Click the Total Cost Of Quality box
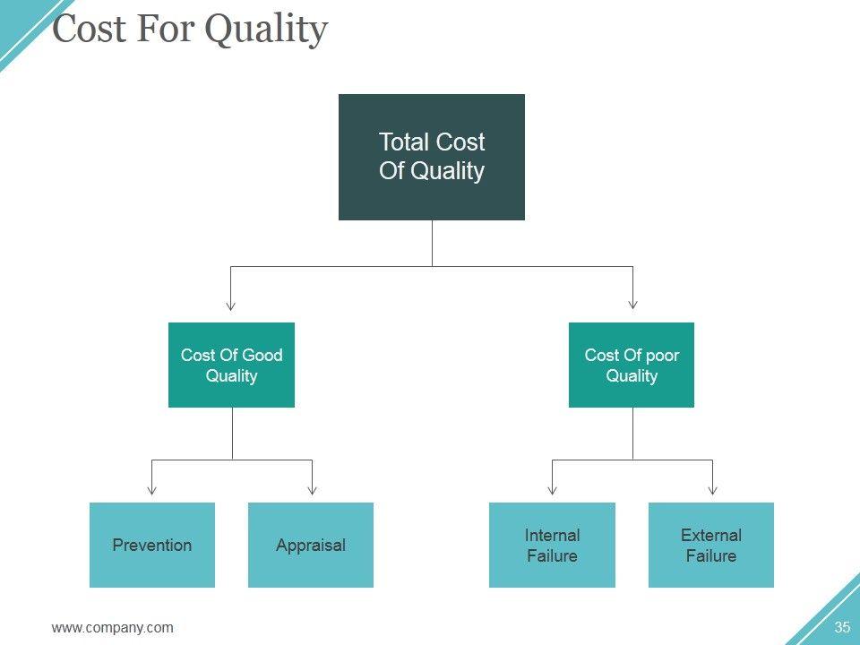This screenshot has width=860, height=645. point(431,157)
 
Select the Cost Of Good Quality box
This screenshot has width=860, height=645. point(231,365)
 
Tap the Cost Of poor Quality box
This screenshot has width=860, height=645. point(632,365)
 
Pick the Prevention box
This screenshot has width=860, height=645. point(152,545)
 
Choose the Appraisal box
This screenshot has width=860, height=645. point(311,545)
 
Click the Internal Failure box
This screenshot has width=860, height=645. point(552,545)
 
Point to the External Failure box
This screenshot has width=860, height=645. point(711,545)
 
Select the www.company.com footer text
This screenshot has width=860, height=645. point(113,627)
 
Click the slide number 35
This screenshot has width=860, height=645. point(841,627)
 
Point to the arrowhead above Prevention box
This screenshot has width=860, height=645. point(152,489)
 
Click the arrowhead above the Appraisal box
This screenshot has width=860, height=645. point(312,489)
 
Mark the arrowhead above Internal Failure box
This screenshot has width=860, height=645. point(552,489)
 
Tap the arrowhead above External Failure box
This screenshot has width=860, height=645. point(712,489)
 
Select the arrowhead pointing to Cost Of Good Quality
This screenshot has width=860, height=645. point(231,305)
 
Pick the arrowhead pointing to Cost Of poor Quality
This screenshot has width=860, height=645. point(632,305)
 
